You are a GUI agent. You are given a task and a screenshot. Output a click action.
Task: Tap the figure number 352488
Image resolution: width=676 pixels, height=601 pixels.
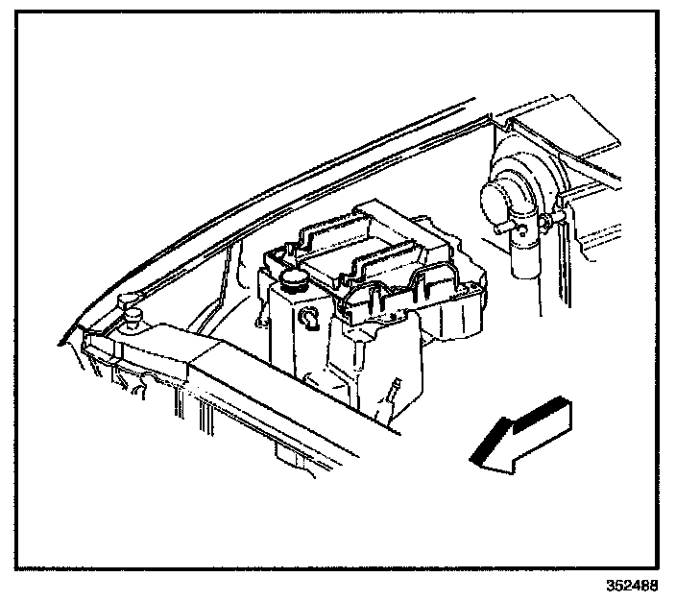pos(632,585)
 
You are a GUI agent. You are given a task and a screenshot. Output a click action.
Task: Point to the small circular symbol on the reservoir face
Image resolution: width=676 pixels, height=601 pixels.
pos(309,319)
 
